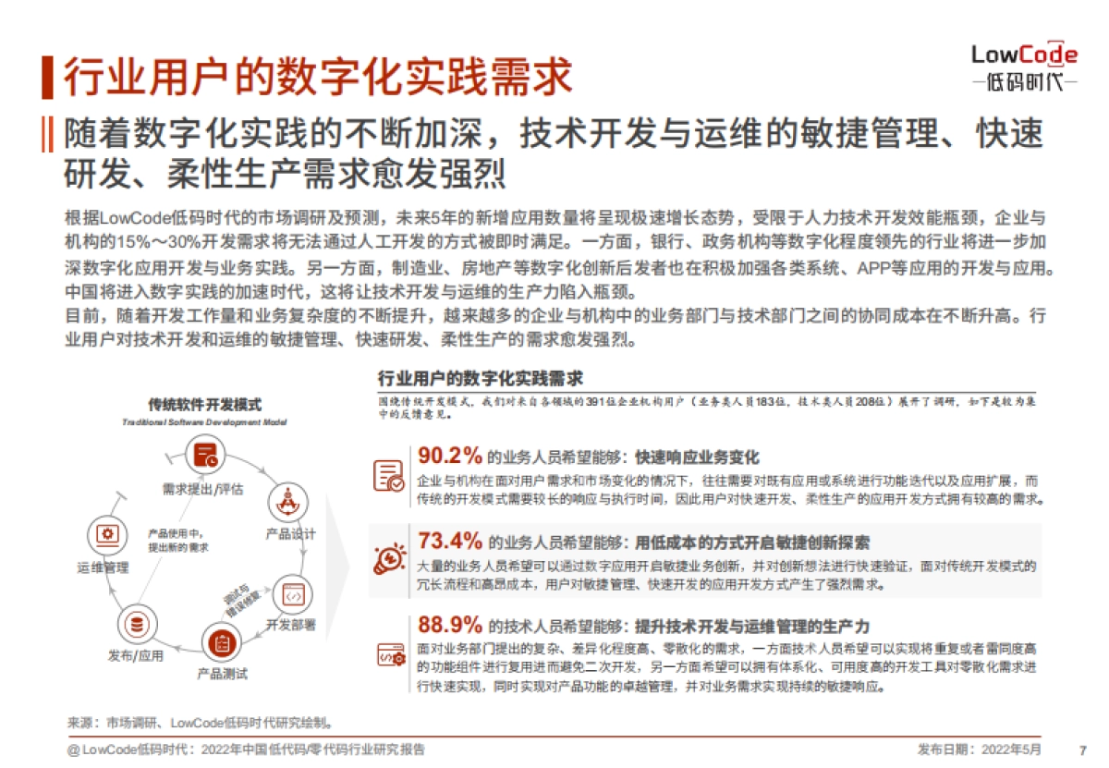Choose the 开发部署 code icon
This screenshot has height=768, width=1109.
pyautogui.click(x=292, y=595)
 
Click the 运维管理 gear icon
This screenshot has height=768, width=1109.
pyautogui.click(x=105, y=534)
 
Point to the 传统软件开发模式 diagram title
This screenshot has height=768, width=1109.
pyautogui.click(x=204, y=405)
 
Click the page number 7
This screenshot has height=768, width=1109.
pyautogui.click(x=1082, y=750)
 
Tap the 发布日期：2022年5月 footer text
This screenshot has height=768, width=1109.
pyautogui.click(x=979, y=750)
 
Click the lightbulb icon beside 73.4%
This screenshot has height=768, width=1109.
pyautogui.click(x=388, y=558)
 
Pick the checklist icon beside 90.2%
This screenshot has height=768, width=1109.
pyautogui.click(x=388, y=474)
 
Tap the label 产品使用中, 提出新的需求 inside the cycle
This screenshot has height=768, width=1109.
pyautogui.click(x=177, y=541)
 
